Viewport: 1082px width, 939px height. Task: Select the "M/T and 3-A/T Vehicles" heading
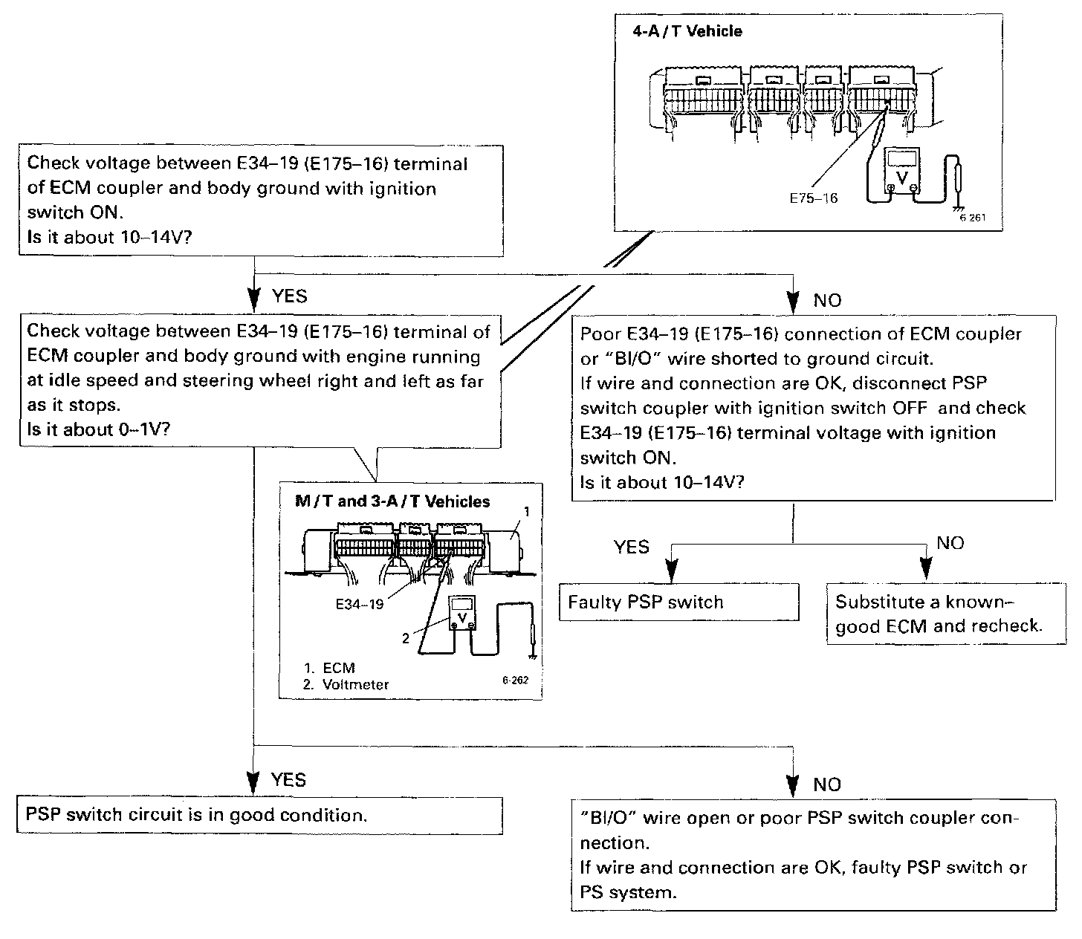pos(392,501)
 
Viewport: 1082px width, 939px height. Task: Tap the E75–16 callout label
pos(813,198)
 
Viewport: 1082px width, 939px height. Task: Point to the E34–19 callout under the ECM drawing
pos(360,604)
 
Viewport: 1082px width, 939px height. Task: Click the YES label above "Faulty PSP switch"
pos(632,548)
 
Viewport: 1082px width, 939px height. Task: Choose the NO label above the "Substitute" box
pos(950,543)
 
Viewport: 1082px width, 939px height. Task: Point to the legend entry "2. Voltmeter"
pos(346,684)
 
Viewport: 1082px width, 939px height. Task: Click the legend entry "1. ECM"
pos(329,668)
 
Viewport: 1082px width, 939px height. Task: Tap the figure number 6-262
pos(515,679)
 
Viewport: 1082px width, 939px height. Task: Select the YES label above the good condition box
pos(288,779)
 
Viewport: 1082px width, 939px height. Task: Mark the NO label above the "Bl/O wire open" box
pos(827,784)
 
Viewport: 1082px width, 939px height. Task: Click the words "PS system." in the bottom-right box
pos(628,892)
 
